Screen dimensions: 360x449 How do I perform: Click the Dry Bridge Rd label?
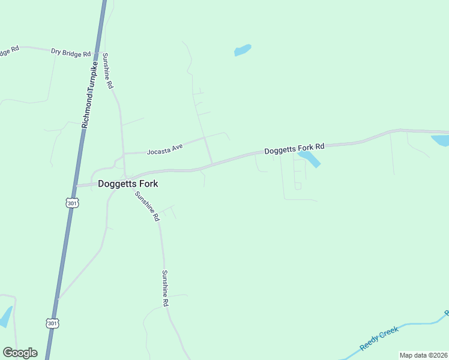tap(70, 53)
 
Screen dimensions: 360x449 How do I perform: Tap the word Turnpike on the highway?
tap(92, 76)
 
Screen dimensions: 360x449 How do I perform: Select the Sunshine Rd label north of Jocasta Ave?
tap(107, 71)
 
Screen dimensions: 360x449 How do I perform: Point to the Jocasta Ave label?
tap(164, 149)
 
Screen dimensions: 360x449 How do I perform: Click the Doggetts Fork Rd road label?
tap(294, 147)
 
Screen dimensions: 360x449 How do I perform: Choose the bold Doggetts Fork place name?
tap(128, 184)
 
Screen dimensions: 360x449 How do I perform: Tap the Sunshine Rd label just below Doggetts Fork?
tap(146, 206)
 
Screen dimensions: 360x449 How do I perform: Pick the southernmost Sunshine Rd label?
tap(165, 289)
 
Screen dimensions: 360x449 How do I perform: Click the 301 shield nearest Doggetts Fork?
tap(72, 203)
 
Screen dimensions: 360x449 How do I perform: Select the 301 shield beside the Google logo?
tap(52, 323)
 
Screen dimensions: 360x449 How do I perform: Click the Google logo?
tap(20, 353)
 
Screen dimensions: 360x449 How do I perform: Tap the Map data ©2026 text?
tap(423, 355)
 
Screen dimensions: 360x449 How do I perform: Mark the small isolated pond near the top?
tap(243, 50)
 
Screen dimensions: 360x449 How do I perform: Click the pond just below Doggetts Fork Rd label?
tap(309, 158)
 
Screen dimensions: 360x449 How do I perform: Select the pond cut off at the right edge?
tap(441, 140)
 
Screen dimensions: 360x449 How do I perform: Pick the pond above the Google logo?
tap(5, 317)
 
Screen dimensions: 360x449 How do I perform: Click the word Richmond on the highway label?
tap(85, 112)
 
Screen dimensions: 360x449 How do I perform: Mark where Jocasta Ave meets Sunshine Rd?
tap(124, 154)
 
